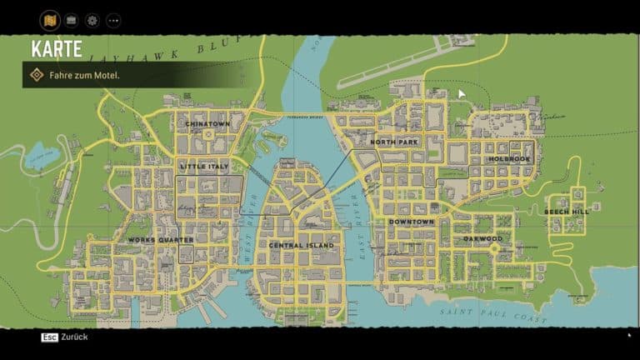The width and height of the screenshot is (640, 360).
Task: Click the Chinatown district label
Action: click(207, 124)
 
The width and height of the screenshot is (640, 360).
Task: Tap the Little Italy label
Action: click(203, 167)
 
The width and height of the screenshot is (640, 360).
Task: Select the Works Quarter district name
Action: click(160, 240)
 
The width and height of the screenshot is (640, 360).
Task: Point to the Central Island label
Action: click(301, 246)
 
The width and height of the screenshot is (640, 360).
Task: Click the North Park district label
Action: click(394, 142)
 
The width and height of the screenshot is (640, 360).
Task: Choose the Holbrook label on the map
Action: click(509, 159)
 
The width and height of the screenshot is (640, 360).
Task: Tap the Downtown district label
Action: click(411, 222)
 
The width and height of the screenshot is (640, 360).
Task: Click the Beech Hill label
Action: click(567, 212)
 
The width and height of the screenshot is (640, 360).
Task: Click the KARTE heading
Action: click(57, 49)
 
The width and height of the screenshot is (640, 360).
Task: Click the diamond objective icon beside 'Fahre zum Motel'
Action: click(37, 75)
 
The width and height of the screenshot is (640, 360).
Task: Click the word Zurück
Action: click(75, 337)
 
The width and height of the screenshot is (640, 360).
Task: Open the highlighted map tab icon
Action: click(50, 20)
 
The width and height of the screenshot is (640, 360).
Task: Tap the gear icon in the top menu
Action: click(92, 20)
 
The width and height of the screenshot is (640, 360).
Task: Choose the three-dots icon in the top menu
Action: click(113, 20)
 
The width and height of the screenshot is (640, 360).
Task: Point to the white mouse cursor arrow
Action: click(462, 94)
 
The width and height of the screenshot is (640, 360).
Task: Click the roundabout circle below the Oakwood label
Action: click(493, 248)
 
